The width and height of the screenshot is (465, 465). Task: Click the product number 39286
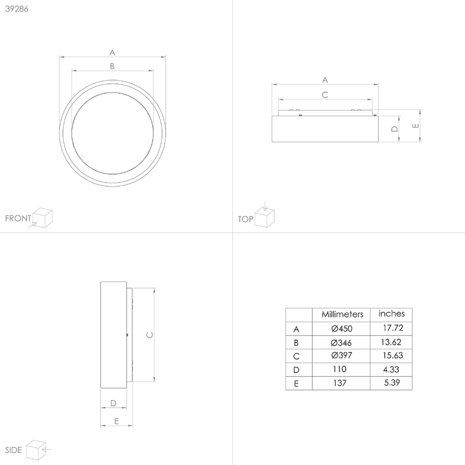pyautogui.click(x=17, y=9)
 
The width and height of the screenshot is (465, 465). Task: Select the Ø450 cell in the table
pyautogui.click(x=342, y=329)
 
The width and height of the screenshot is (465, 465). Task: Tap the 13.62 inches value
pyautogui.click(x=391, y=342)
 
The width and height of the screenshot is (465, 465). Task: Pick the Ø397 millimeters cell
pyautogui.click(x=342, y=355)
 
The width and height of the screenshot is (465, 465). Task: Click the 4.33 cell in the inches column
pyautogui.click(x=391, y=369)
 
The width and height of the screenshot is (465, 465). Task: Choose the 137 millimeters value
pyautogui.click(x=340, y=383)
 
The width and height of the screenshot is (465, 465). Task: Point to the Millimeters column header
pyautogui.click(x=342, y=314)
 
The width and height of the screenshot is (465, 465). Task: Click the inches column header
pyautogui.click(x=391, y=314)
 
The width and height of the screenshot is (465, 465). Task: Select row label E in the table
pyautogui.click(x=296, y=384)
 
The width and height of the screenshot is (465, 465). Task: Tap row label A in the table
pyautogui.click(x=296, y=329)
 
